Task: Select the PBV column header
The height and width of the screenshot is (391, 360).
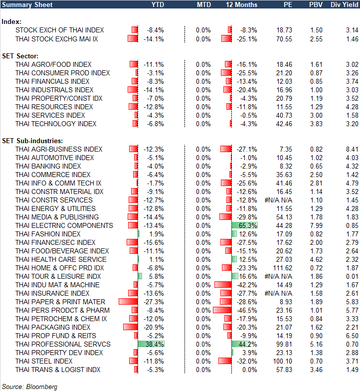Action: (316, 4)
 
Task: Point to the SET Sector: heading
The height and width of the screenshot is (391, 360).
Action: (20, 56)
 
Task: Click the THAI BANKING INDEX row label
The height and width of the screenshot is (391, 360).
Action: (48, 166)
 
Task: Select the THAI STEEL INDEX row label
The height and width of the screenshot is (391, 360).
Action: (44, 361)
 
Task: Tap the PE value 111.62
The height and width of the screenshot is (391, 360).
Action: (282, 268)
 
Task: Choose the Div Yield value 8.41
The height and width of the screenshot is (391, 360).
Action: (352, 149)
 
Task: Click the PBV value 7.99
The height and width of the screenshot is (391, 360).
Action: (316, 225)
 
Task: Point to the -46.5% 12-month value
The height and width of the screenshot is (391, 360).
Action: (248, 310)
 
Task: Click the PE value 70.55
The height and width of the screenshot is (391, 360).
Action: (283, 38)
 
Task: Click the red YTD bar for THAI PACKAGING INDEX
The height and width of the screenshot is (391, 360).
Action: (130, 327)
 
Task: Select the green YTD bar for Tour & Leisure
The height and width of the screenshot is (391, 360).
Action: (140, 276)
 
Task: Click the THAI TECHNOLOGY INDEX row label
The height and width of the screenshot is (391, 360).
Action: (56, 124)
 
